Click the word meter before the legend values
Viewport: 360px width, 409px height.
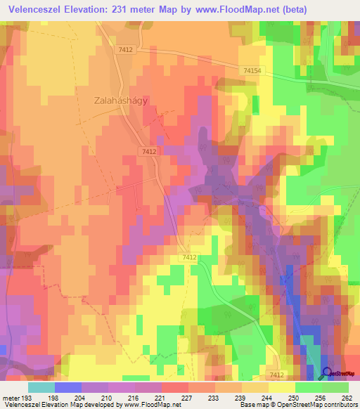pos(10,397)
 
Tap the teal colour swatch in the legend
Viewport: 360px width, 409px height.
pos(41,387)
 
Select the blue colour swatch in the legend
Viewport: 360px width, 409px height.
pos(67,387)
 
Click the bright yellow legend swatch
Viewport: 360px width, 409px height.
pos(281,387)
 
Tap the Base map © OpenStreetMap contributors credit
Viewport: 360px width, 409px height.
pos(296,405)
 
